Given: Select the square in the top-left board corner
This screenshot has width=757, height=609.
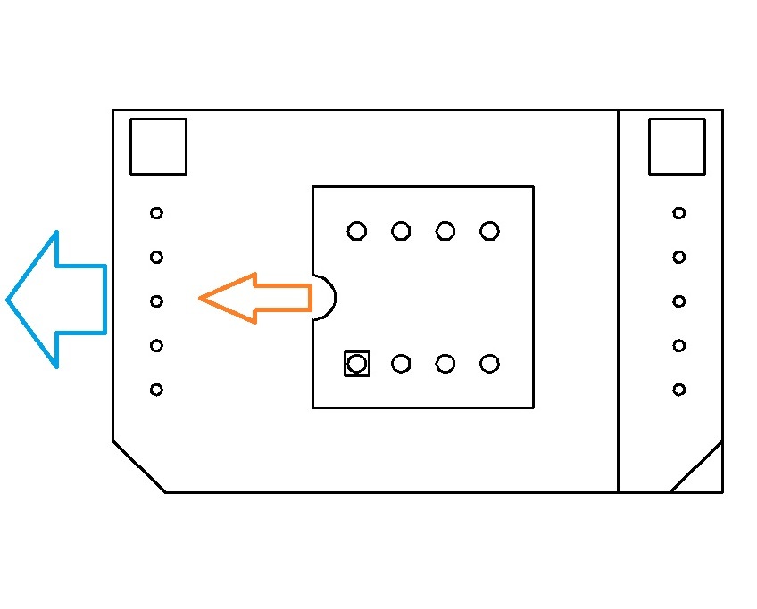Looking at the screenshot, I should [x=158, y=146].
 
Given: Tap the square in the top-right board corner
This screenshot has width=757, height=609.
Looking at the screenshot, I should [x=677, y=146].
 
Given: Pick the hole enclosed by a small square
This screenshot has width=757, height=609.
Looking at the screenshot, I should [x=357, y=364].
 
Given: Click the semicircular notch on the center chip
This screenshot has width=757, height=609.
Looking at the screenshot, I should [x=323, y=298].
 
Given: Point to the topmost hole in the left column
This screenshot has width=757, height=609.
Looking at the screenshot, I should [x=156, y=213].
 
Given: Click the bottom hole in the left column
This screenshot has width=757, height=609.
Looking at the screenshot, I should [x=156, y=390].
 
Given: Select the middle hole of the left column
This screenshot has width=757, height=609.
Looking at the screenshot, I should [x=156, y=301].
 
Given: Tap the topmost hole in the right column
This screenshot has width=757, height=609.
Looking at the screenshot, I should [x=679, y=213].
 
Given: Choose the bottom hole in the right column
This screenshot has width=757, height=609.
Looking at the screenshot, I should [x=679, y=390].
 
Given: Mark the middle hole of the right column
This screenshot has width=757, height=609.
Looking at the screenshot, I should [x=679, y=301].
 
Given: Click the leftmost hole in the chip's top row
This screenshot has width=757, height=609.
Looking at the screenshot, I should [x=357, y=232].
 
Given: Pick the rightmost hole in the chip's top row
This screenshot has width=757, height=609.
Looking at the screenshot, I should [x=489, y=232].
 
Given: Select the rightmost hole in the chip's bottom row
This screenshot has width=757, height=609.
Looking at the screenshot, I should [x=489, y=364].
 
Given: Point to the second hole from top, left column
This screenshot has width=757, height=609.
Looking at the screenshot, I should [x=156, y=258].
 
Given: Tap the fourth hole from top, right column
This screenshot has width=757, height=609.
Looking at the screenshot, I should [x=679, y=346].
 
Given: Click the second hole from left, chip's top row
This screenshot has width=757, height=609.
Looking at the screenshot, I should [x=401, y=232].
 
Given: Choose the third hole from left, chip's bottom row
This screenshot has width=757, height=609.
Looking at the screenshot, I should [x=445, y=364].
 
